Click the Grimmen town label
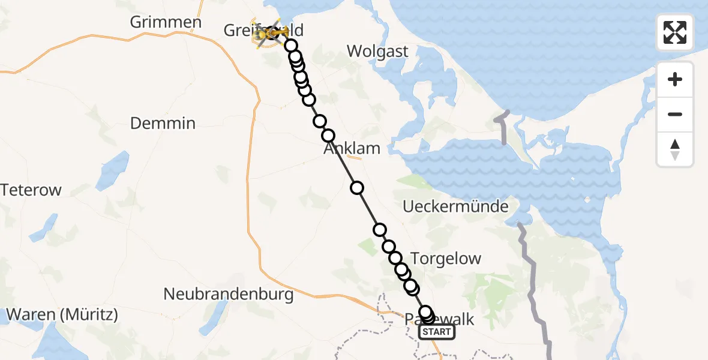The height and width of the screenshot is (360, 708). (x=166, y=23)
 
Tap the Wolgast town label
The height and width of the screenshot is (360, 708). (x=378, y=52)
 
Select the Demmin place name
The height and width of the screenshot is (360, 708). (x=163, y=124)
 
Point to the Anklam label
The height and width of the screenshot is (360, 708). (x=352, y=148)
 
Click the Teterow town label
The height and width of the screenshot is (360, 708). (x=31, y=190)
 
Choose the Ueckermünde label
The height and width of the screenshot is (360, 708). (x=456, y=207)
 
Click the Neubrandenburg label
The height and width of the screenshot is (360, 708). (x=229, y=295)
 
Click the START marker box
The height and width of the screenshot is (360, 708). (x=436, y=332)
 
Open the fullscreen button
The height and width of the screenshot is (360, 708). (x=675, y=32)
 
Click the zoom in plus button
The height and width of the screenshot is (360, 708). (x=675, y=79)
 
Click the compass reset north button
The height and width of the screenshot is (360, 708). (x=675, y=149)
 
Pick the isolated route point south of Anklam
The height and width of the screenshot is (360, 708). (x=357, y=188)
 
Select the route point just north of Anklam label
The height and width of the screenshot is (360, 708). (x=328, y=136)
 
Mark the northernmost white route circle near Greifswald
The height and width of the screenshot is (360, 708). (x=291, y=46)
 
